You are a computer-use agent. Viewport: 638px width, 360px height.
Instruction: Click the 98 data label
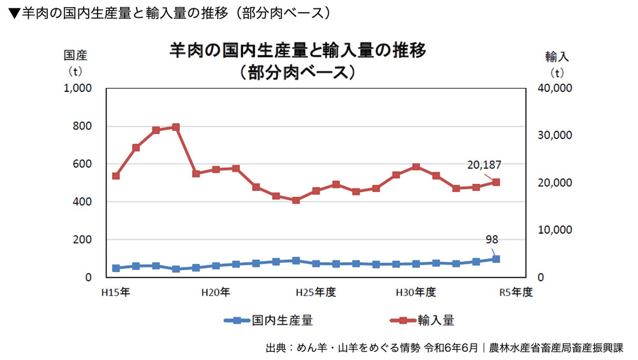pyautogui.click(x=491, y=240)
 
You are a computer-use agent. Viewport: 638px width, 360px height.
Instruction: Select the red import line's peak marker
pyautogui.click(x=176, y=127)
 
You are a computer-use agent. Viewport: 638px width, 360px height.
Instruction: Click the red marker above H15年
pyautogui.click(x=116, y=176)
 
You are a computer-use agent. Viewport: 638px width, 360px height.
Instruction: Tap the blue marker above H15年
pyautogui.click(x=116, y=268)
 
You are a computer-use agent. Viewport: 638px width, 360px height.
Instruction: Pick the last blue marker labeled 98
pyautogui.click(x=496, y=259)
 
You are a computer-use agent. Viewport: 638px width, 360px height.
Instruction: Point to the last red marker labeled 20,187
pyautogui.click(x=496, y=182)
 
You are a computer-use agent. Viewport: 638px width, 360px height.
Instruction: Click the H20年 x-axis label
pyautogui.click(x=215, y=292)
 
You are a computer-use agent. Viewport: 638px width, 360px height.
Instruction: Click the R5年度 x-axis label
pyautogui.click(x=515, y=292)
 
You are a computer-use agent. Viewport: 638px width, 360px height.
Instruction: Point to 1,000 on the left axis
pyautogui.click(x=79, y=88)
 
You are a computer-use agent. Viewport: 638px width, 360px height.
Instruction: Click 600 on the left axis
pyautogui.click(x=84, y=164)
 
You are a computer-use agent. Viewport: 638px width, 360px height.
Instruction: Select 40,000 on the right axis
pyautogui.click(x=555, y=88)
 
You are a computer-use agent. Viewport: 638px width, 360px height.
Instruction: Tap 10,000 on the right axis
pyautogui.click(x=555, y=230)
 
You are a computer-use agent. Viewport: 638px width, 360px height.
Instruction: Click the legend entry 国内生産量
pyautogui.click(x=281, y=320)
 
